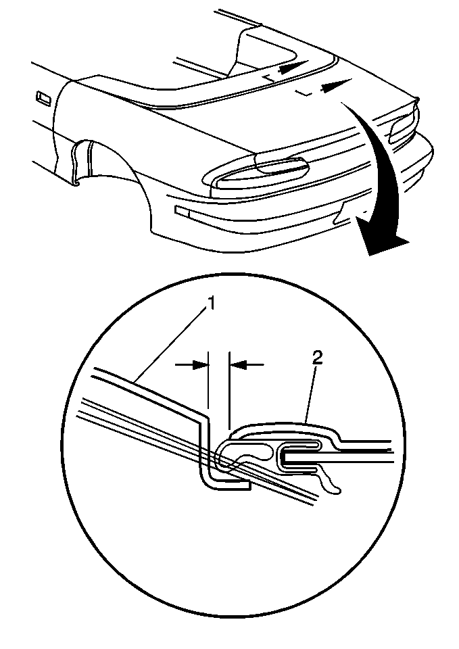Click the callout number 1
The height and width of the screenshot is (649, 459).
211,304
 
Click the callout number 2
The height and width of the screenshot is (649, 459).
318,358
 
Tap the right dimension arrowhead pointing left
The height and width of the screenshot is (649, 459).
237,364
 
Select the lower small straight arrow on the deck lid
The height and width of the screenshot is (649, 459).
336,84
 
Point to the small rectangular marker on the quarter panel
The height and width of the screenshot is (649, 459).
43,97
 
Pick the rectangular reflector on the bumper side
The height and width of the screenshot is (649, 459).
182,211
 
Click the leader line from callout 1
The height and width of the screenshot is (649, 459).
170,345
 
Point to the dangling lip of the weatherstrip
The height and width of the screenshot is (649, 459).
329,481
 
